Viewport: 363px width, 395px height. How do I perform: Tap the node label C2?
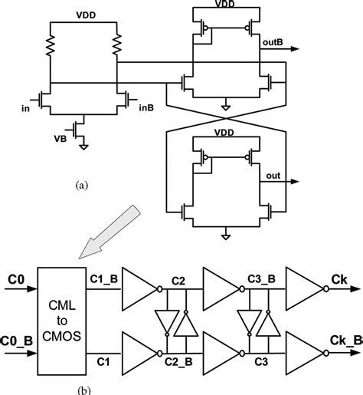pyautogui.click(x=178, y=281)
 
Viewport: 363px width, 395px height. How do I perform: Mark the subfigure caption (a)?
pyautogui.click(x=82, y=185)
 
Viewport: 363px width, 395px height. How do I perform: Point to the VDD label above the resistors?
pyautogui.click(x=85, y=15)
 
